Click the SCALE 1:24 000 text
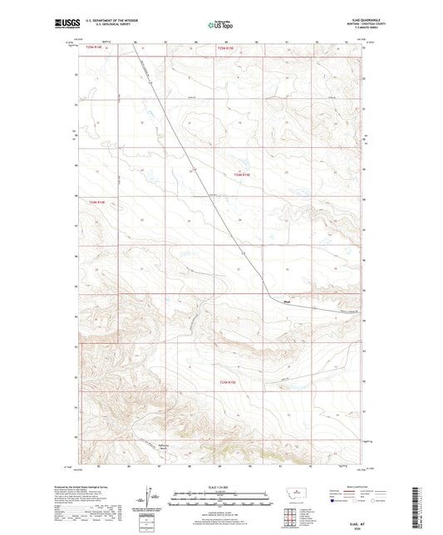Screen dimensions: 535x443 coord(221,486)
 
